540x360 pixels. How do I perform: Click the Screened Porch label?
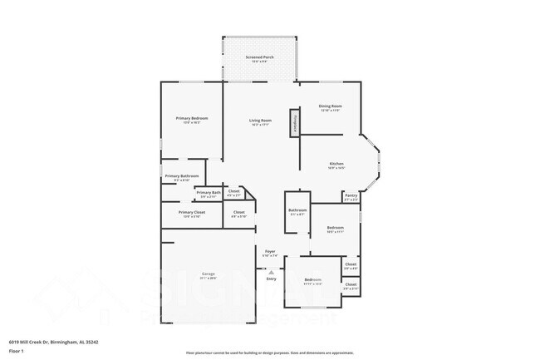click(x=259, y=57)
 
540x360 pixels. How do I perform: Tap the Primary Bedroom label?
click(x=192, y=118)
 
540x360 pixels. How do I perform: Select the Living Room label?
click(x=261, y=121)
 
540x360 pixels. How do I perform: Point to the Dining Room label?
click(x=331, y=106)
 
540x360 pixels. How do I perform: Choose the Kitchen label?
click(x=336, y=164)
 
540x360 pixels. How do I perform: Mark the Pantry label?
click(x=351, y=196)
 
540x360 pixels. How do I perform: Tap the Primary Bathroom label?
click(x=181, y=175)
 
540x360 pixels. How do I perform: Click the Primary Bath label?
click(x=209, y=193)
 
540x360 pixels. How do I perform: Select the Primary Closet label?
click(x=191, y=212)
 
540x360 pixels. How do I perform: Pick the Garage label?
click(x=209, y=274)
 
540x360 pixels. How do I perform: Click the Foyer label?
click(x=270, y=250)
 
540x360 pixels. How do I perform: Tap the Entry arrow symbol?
click(x=271, y=272)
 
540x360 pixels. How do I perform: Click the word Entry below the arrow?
click(x=271, y=279)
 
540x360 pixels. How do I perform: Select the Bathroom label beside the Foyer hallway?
click(x=297, y=210)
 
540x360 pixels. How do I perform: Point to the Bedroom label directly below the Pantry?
click(x=335, y=227)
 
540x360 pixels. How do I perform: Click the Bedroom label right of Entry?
click(x=312, y=279)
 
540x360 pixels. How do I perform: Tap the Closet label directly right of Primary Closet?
click(x=238, y=212)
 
